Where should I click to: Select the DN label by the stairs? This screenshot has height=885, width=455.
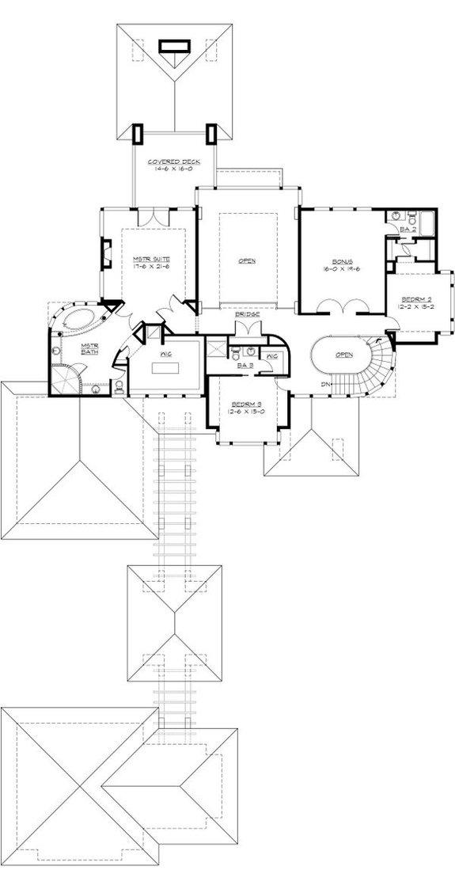click(324, 385)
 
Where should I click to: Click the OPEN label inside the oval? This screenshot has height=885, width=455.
click(343, 355)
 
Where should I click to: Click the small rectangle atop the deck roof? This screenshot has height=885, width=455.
click(171, 45)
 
